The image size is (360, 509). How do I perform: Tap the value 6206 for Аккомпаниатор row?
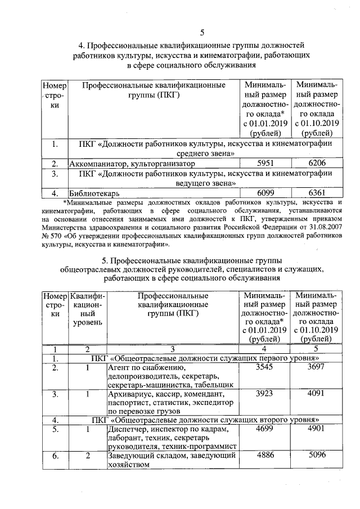coord(317,164)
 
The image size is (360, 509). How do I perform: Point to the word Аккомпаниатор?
coord(97,164)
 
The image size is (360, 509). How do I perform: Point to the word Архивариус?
coord(130,395)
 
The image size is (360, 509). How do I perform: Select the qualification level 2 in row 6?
coord(88,457)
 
